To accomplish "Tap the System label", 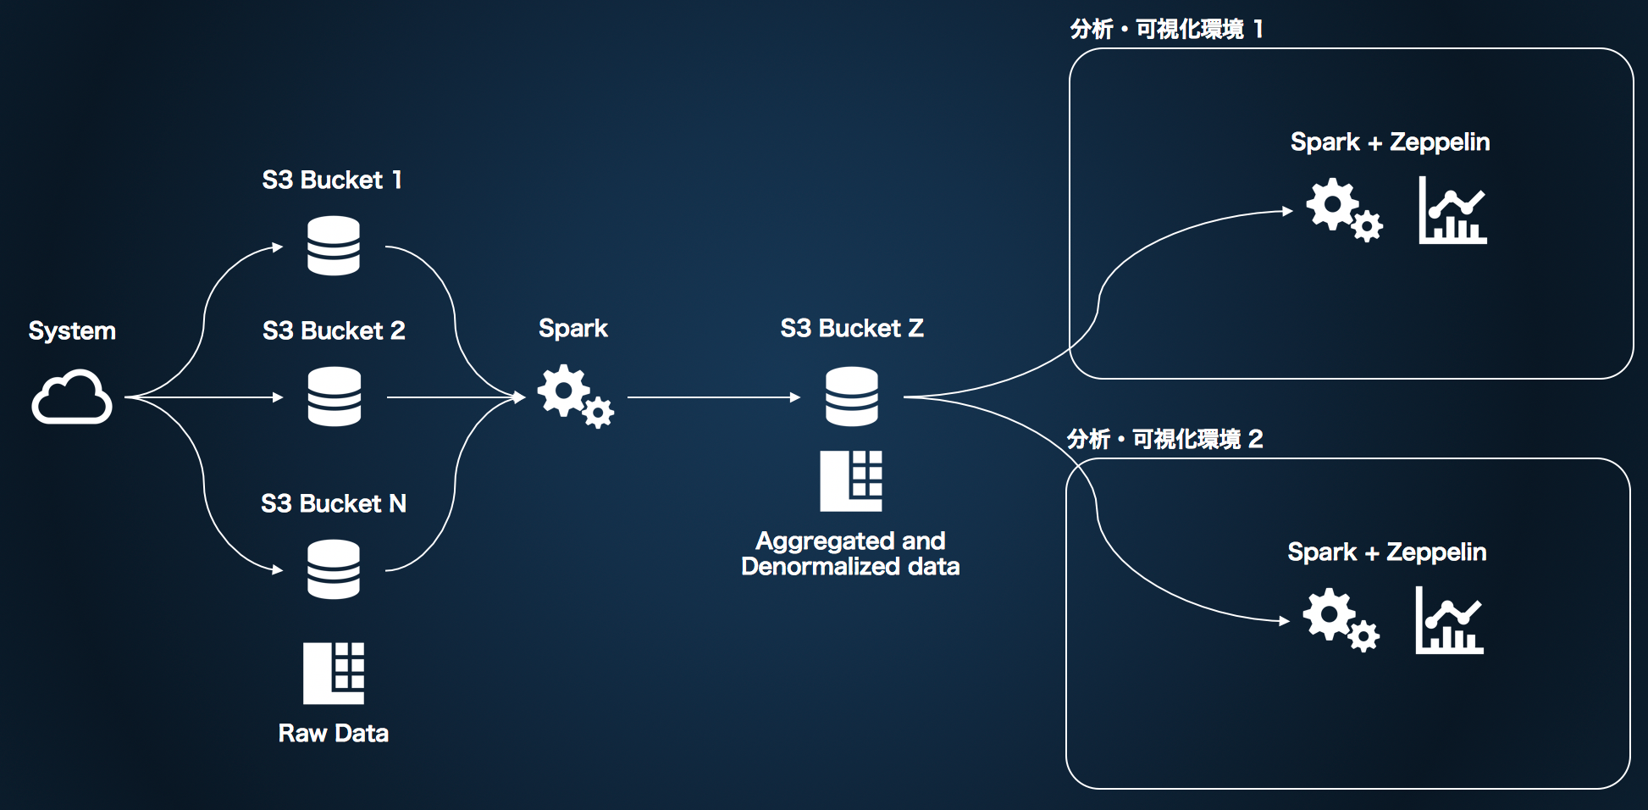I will pyautogui.click(x=72, y=330).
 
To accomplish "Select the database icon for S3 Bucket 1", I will pyautogui.click(x=334, y=246).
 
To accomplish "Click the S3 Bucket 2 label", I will pyautogui.click(x=334, y=330).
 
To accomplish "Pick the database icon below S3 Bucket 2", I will pyautogui.click(x=334, y=397).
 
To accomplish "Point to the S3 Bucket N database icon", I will pyautogui.click(x=334, y=569).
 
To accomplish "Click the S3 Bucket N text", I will pyautogui.click(x=334, y=503).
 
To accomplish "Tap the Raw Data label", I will pyautogui.click(x=334, y=733).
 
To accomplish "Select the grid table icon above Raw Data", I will pyautogui.click(x=334, y=674).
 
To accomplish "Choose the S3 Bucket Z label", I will pyautogui.click(x=852, y=328).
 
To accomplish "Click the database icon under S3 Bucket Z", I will pyautogui.click(x=852, y=397).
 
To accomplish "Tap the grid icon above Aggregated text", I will pyautogui.click(x=851, y=481).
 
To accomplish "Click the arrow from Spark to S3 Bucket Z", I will pyautogui.click(x=713, y=397).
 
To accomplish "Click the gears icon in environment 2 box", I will pyautogui.click(x=1340, y=620).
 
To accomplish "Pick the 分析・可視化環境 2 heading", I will pyautogui.click(x=1164, y=439).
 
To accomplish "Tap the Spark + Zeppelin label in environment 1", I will pyautogui.click(x=1390, y=142).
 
